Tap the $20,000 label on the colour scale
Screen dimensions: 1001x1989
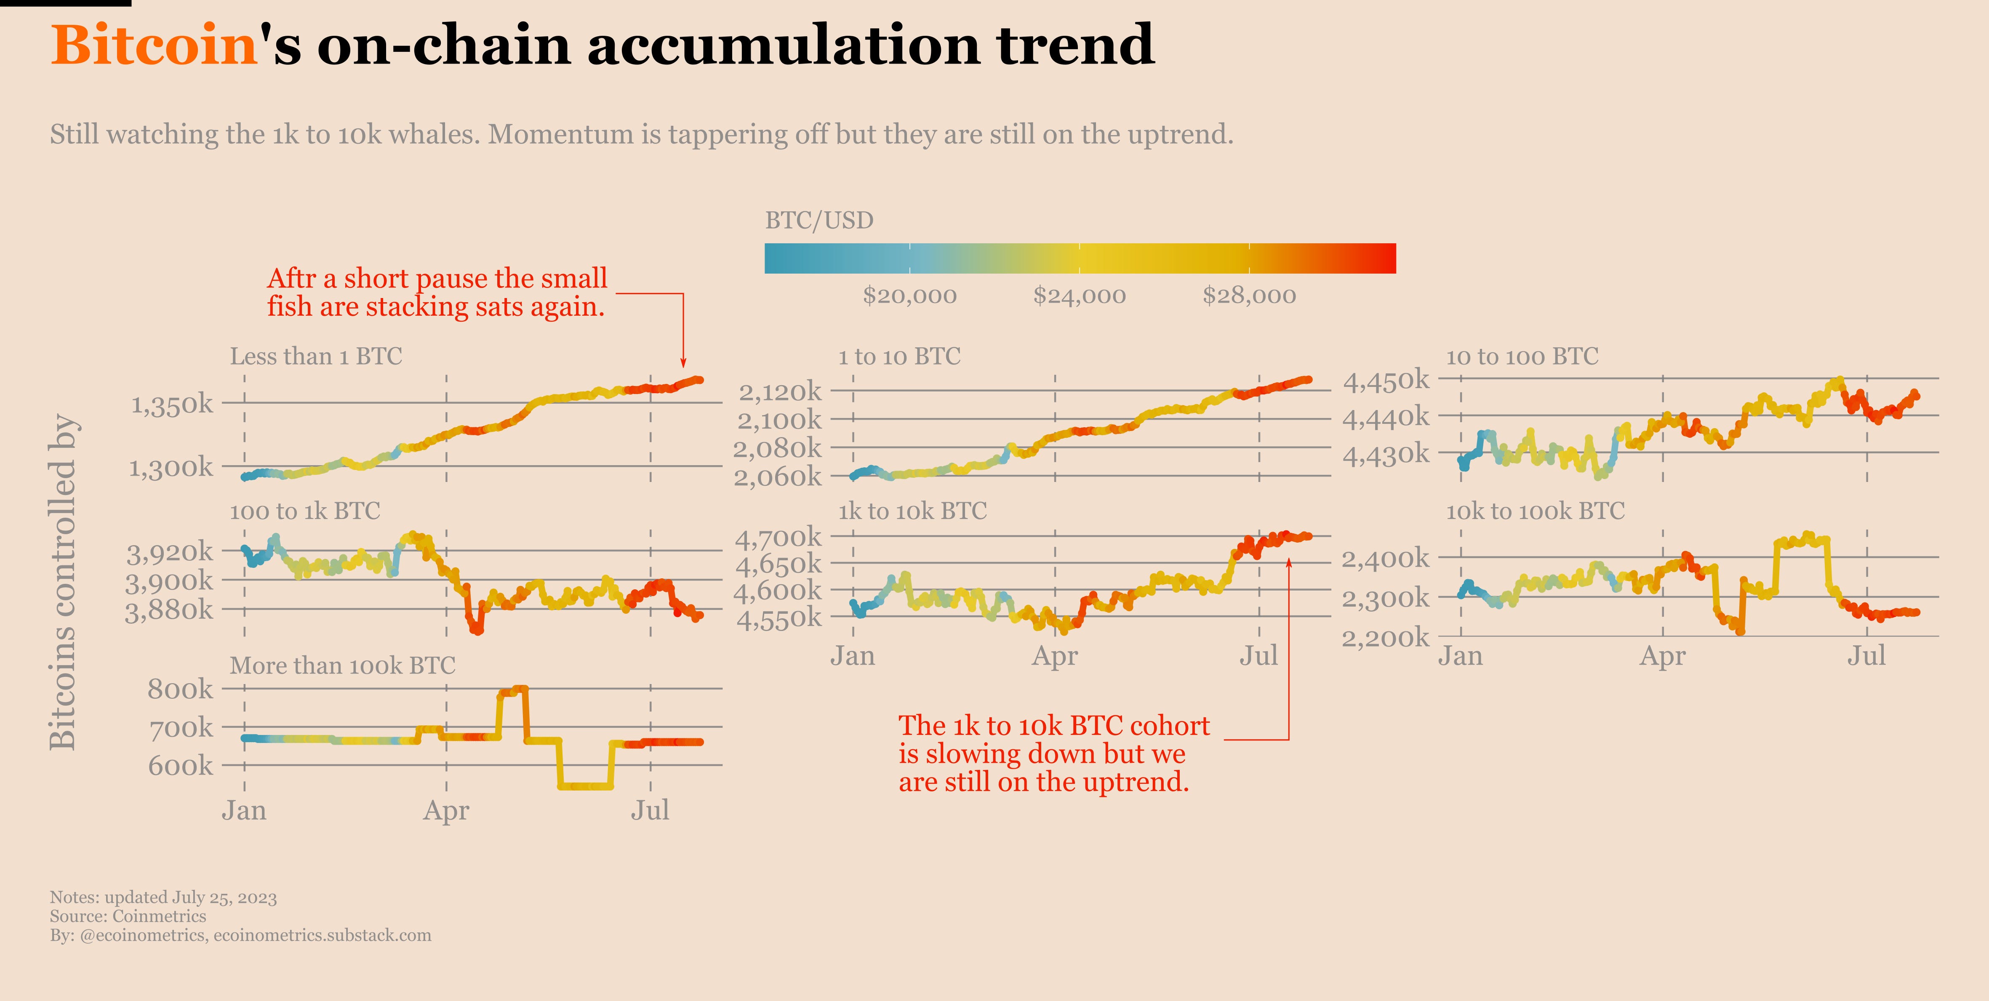909,296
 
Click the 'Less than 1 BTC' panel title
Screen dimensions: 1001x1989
316,357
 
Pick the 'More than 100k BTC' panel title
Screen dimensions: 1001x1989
342,665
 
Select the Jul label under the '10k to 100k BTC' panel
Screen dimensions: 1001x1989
1866,656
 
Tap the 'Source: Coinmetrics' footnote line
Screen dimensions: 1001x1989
128,916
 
